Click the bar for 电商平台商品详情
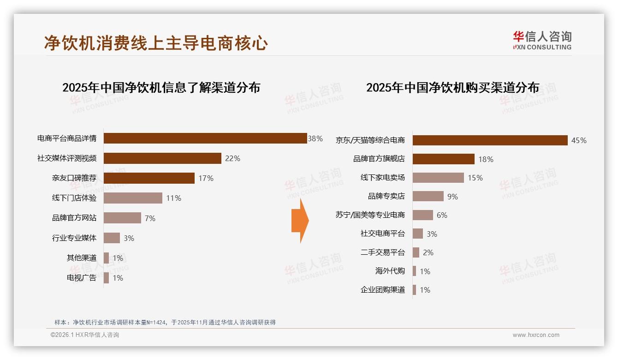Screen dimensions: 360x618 point(205,138)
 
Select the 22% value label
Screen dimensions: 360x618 point(232,158)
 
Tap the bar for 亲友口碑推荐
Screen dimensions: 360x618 point(149,178)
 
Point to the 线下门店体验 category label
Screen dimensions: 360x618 point(74,198)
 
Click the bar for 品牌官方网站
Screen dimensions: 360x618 point(122,218)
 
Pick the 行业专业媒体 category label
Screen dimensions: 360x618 point(74,238)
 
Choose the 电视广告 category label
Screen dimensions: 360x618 point(82,278)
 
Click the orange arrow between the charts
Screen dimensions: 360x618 point(300,221)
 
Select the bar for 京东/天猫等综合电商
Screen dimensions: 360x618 point(490,140)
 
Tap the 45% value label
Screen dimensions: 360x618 point(579,140)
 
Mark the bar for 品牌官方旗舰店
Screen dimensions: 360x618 point(443,159)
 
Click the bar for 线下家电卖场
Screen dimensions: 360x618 point(438,178)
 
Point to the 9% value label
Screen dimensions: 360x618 point(452,197)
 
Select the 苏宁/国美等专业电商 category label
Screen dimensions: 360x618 point(370,215)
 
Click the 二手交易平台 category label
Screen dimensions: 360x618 point(383,252)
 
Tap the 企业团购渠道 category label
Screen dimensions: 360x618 point(383,290)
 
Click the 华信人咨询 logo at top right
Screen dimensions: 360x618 point(542,41)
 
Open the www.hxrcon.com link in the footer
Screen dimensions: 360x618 point(536,335)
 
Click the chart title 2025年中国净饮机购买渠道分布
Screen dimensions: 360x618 point(452,88)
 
